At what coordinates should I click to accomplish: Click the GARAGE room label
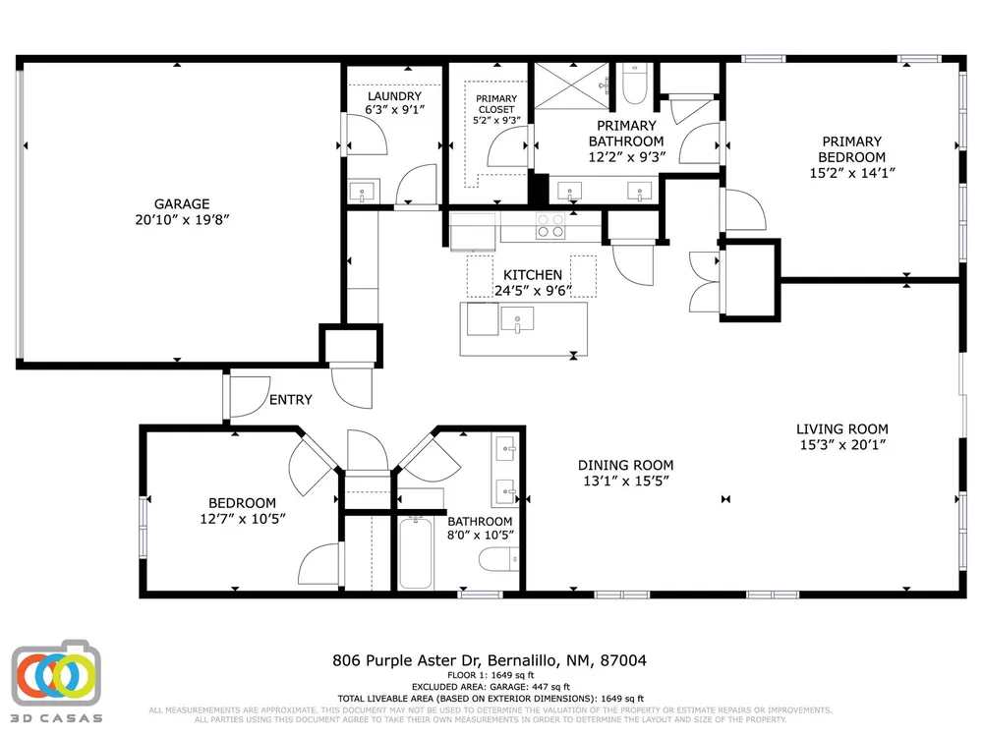click(x=182, y=203)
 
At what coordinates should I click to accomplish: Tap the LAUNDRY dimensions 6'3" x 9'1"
click(x=395, y=110)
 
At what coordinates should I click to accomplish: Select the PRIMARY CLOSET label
click(x=495, y=104)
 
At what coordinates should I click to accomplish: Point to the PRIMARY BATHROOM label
click(x=625, y=134)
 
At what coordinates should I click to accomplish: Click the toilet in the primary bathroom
click(x=634, y=84)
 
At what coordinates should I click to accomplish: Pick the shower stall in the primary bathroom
click(x=571, y=85)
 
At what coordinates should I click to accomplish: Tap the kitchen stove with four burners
click(x=549, y=226)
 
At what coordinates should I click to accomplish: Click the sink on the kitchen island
click(x=517, y=319)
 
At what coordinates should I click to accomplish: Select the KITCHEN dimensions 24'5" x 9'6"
click(x=533, y=291)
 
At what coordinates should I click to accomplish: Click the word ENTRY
click(x=290, y=400)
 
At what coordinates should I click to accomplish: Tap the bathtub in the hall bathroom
click(x=416, y=552)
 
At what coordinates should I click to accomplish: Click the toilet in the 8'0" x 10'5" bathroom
click(x=499, y=558)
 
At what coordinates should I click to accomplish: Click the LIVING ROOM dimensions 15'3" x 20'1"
click(x=842, y=445)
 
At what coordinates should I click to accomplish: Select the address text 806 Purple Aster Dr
click(x=406, y=660)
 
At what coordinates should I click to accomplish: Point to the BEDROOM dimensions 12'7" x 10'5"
click(x=243, y=519)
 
